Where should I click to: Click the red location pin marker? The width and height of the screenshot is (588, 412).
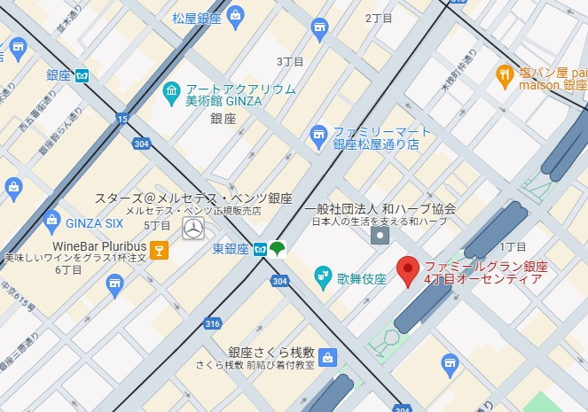(x=408, y=270)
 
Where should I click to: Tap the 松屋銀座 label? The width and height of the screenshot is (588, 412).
(x=197, y=17)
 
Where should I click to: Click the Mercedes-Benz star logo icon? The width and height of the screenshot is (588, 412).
(x=192, y=229)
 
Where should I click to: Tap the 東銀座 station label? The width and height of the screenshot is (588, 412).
(x=231, y=249)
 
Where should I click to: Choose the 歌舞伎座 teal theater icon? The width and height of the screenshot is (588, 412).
(x=323, y=278)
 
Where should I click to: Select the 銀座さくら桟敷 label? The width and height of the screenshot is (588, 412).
(x=271, y=352)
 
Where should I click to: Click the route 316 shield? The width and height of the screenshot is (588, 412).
(x=213, y=323)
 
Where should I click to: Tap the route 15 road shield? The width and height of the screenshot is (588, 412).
(x=122, y=118)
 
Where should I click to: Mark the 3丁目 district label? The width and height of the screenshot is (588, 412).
(x=290, y=62)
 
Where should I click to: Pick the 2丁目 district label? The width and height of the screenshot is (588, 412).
(x=379, y=18)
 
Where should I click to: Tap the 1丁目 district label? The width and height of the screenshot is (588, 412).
(x=513, y=246)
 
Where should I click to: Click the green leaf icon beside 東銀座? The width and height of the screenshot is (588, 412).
(x=278, y=249)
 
